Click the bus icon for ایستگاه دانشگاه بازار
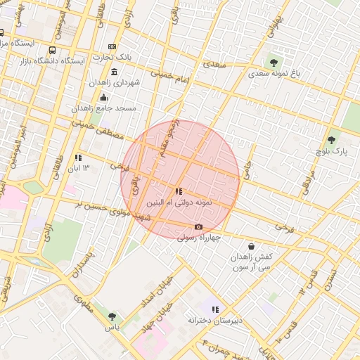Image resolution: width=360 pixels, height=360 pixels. (x=53, y=51)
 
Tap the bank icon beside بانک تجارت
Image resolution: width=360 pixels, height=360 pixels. (x=112, y=46)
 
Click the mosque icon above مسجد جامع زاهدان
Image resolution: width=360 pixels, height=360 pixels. (x=104, y=97)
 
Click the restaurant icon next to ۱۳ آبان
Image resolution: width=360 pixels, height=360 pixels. (x=78, y=157)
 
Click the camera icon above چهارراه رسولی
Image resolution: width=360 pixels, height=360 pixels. (x=198, y=226)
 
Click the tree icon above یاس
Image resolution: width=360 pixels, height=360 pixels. (x=112, y=316)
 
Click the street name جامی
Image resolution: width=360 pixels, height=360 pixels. (x=250, y=165)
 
